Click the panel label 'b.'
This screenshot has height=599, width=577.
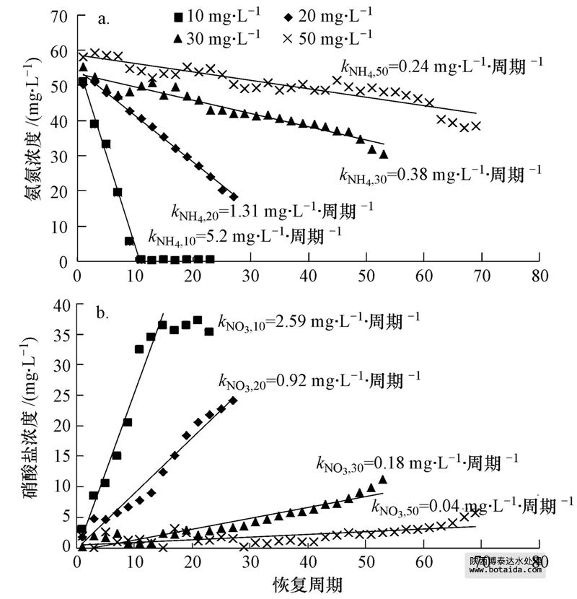point(104,314)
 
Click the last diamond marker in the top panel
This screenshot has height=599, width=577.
point(234,196)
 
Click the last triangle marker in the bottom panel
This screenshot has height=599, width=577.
point(383,480)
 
